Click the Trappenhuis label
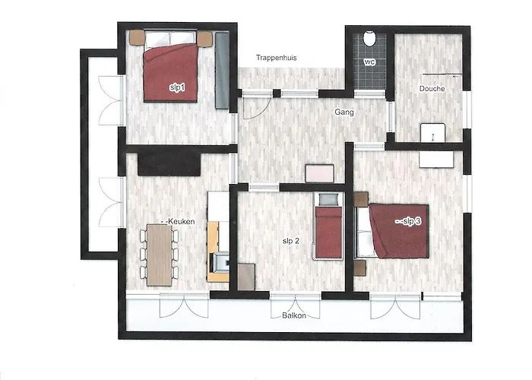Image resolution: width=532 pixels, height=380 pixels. [276, 58]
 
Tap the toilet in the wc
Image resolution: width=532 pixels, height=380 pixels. [369, 38]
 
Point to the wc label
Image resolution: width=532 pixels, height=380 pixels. [369, 62]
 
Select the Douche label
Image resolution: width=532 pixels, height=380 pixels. [432, 89]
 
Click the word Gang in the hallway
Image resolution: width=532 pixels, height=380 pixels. [344, 112]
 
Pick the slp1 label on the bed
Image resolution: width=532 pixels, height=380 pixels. [177, 87]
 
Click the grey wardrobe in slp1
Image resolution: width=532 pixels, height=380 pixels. [222, 70]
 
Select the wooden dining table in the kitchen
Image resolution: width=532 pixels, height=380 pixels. [159, 255]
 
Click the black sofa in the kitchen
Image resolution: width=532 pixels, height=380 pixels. [169, 163]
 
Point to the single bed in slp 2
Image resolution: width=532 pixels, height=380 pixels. [328, 226]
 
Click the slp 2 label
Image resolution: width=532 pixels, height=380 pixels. [291, 241]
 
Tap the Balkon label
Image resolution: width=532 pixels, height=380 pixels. [294, 315]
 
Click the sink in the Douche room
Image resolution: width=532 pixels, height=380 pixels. [432, 133]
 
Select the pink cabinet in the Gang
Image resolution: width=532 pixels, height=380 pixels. [320, 173]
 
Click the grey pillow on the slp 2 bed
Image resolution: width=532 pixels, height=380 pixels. [328, 199]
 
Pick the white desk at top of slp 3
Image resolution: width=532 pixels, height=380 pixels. [436, 159]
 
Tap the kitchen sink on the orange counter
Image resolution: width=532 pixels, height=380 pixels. [219, 261]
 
